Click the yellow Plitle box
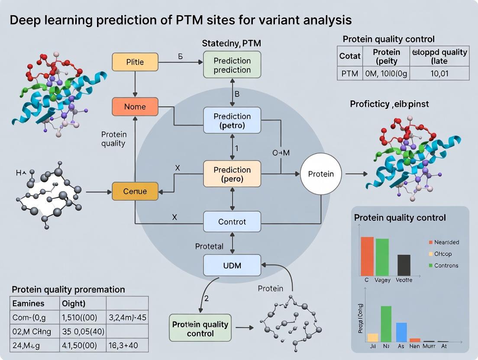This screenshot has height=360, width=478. click(135, 62)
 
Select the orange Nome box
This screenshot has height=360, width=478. click(135, 106)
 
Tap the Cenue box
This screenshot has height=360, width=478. click(135, 191)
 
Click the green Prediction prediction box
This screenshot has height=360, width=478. click(232, 65)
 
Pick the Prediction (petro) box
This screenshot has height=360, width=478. click(232, 121)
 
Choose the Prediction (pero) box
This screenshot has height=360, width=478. click(232, 174)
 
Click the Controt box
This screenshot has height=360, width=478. click(232, 222)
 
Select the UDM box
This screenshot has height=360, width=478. click(232, 265)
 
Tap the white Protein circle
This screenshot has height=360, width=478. click(321, 174)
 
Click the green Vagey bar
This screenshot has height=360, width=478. click(382, 257)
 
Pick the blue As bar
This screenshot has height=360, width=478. click(401, 332)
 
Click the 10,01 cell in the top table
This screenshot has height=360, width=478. click(439, 74)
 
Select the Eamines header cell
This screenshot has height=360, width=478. click(29, 303)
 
